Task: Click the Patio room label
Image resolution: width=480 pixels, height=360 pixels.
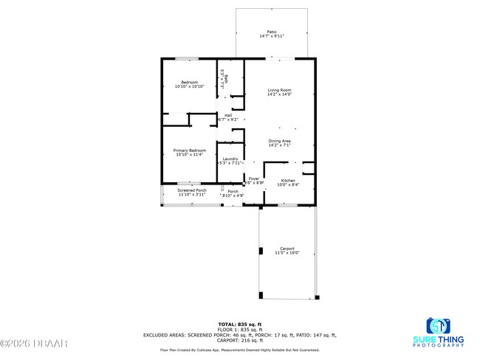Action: click(x=272, y=32)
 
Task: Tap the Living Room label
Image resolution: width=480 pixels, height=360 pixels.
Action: click(x=279, y=90)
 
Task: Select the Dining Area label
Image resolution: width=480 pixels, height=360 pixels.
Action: click(x=279, y=141)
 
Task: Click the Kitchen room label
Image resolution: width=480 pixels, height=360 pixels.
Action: click(x=288, y=181)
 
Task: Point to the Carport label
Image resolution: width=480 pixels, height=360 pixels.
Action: click(x=287, y=249)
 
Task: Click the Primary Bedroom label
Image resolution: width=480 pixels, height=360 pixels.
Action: click(x=190, y=150)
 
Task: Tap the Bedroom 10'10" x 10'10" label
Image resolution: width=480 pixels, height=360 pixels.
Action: click(x=190, y=82)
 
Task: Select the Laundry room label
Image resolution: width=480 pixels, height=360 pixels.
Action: click(x=229, y=159)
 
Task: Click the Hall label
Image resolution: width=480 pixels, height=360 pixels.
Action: click(x=229, y=115)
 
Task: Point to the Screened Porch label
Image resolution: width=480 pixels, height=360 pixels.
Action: click(x=191, y=190)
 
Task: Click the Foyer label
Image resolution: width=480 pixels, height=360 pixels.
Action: click(x=253, y=179)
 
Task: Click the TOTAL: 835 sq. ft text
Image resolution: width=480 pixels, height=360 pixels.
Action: click(x=238, y=324)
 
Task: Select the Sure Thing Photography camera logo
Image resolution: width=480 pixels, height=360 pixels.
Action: click(x=438, y=325)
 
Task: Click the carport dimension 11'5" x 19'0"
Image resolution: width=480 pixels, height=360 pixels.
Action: click(x=287, y=253)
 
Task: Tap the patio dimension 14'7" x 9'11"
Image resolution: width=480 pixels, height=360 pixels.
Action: click(x=272, y=35)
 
